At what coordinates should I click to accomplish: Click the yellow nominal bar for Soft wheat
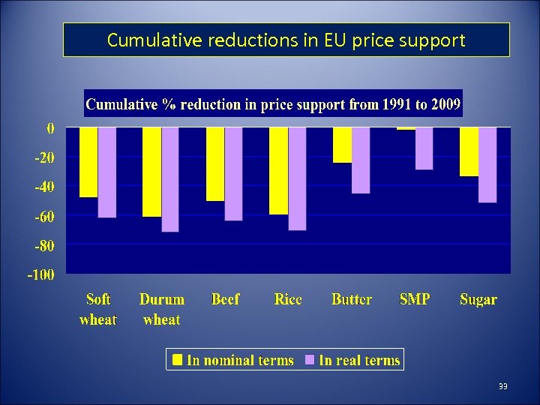coord(88,162)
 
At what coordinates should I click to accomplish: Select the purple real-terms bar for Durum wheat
coord(170,179)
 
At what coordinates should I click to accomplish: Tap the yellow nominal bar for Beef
coord(215,164)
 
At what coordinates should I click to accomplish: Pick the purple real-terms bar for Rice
coord(297,178)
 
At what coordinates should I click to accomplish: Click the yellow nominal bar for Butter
coord(342,145)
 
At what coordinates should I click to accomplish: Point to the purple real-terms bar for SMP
coord(424,148)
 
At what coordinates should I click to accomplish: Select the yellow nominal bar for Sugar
coord(469,151)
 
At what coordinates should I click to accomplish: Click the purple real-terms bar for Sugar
coord(487,165)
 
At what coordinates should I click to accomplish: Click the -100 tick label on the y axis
coord(40,274)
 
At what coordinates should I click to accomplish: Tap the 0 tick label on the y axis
coord(50,128)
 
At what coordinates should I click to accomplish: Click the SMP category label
coord(415,299)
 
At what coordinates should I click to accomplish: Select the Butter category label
coord(351,299)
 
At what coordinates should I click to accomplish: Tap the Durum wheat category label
coord(161,309)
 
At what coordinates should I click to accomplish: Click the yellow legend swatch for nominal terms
coord(177,360)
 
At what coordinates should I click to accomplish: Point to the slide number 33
coord(502,386)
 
